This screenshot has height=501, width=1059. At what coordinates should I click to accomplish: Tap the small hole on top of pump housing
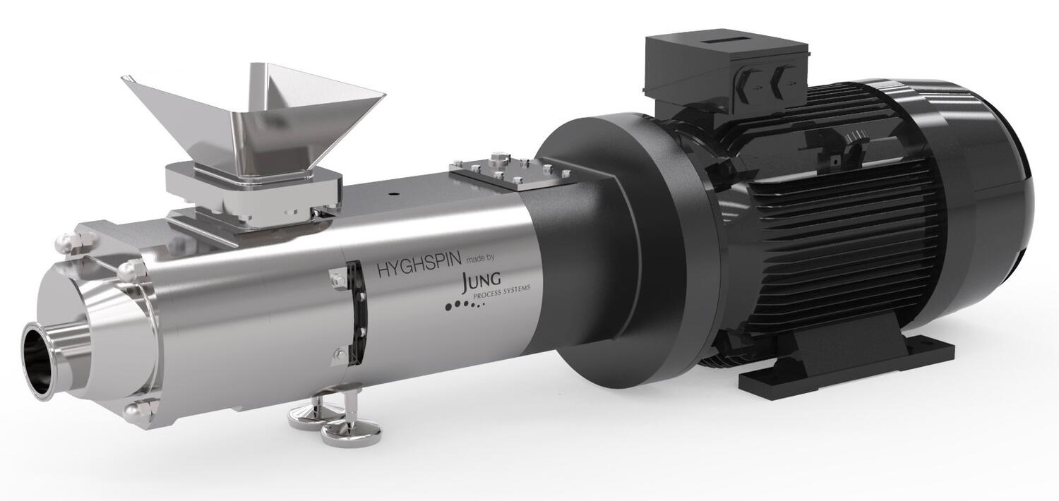(393, 191)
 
